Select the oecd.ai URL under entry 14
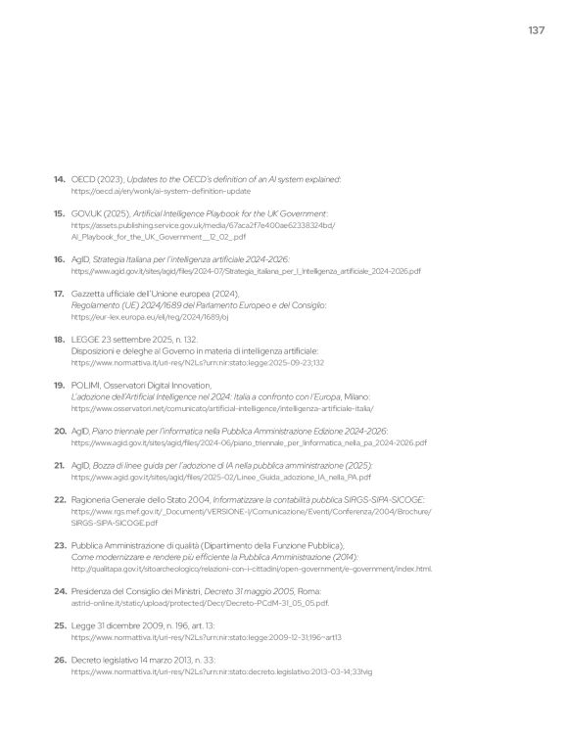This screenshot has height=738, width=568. click(x=161, y=192)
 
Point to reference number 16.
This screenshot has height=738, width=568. click(x=59, y=258)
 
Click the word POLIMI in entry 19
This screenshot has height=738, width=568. click(x=86, y=385)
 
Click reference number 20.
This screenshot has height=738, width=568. click(x=59, y=431)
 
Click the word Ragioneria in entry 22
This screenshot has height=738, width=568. click(x=97, y=498)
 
